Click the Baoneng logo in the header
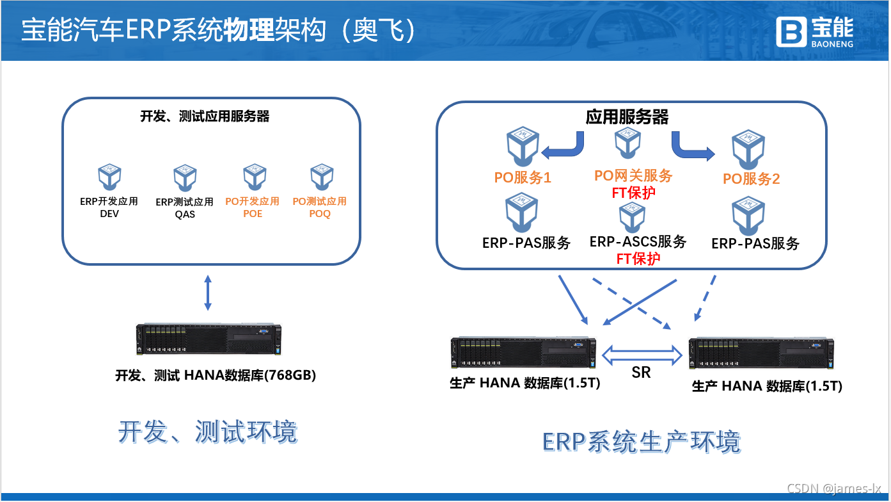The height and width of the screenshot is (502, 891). (x=815, y=31)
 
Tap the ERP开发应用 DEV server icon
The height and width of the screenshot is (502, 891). (x=109, y=179)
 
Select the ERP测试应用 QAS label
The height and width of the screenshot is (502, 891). (x=185, y=208)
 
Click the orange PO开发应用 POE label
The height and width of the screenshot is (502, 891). (x=252, y=207)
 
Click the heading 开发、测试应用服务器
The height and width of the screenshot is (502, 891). (x=205, y=117)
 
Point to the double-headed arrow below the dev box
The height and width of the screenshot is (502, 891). (x=207, y=294)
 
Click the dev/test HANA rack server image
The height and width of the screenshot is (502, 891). (x=209, y=339)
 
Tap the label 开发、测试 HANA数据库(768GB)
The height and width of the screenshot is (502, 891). (x=216, y=376)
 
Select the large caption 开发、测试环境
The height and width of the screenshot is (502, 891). (x=208, y=432)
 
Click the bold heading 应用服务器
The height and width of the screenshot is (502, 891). (x=627, y=117)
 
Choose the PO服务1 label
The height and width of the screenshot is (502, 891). (x=523, y=178)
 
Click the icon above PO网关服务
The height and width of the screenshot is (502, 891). (x=627, y=144)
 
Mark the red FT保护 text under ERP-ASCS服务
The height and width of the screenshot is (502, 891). (x=638, y=259)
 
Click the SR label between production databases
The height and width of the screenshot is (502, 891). (x=641, y=373)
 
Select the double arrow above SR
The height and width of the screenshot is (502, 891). (x=642, y=353)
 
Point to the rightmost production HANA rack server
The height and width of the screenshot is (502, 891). (x=761, y=353)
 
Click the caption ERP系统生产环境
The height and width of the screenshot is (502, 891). (x=642, y=442)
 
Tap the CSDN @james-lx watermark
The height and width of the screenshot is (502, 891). (x=834, y=489)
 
